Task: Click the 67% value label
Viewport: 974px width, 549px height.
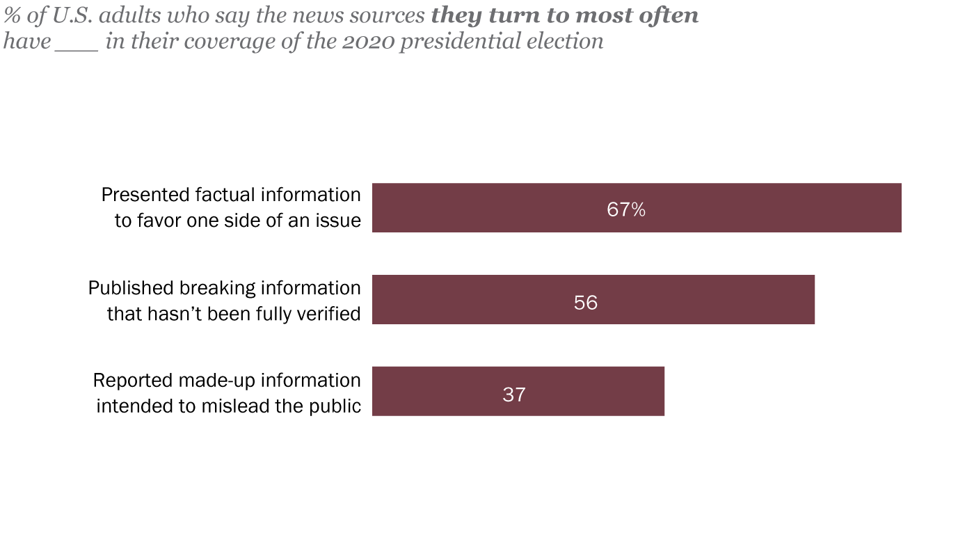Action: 626,209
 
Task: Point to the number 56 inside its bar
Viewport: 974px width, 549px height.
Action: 586,302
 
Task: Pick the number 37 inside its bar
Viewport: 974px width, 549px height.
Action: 513,395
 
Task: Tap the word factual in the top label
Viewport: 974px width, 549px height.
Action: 221,195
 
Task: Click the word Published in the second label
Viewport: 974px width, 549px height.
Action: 130,287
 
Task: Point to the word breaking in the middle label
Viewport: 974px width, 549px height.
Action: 213,287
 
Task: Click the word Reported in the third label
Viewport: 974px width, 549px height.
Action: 132,380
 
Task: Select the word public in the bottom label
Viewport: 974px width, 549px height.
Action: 338,406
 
